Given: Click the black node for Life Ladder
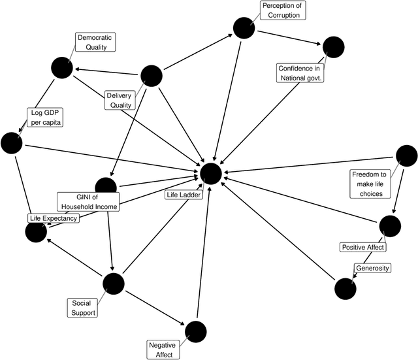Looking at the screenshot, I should point(211,173).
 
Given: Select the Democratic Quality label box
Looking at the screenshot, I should point(95,42).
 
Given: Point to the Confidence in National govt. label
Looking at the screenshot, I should point(301,73).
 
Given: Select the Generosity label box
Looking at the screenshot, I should point(372,268).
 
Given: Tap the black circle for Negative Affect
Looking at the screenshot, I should point(195,331).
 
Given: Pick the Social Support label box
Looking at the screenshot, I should point(83,308).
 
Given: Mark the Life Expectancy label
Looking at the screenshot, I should point(53,218).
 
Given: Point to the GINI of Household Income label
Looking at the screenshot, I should point(89,202).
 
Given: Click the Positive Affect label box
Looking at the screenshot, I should point(363,247).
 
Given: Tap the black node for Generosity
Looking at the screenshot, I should point(344,288).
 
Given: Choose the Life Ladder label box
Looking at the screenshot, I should point(184,195).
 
